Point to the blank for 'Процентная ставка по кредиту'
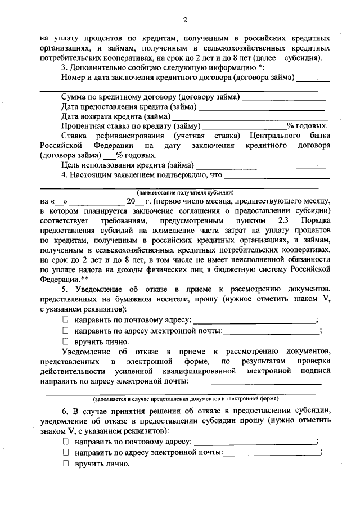click(244, 127)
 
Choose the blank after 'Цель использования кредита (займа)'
click(260, 167)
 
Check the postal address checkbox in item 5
click(65, 320)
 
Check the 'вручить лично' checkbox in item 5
click(65, 341)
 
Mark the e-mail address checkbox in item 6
click(65, 452)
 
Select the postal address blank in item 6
click(254, 442)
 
